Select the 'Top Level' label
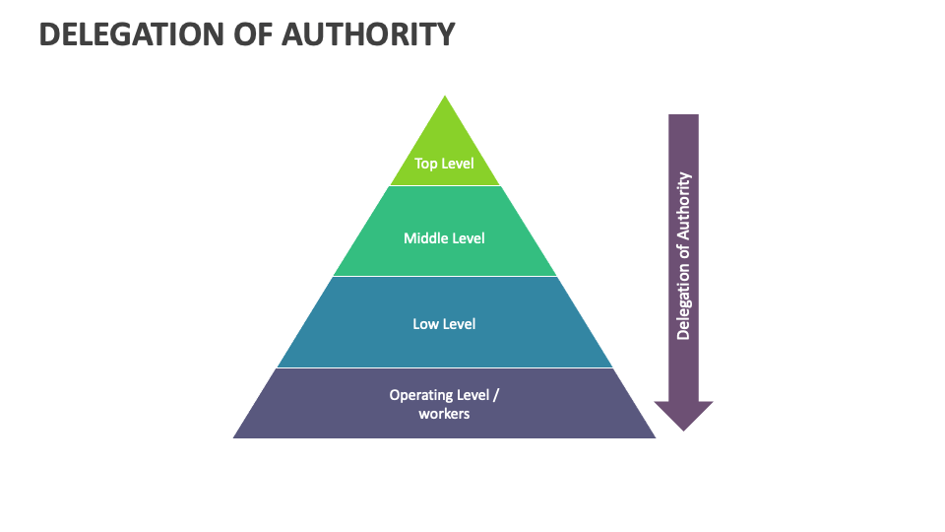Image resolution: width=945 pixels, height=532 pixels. point(444,164)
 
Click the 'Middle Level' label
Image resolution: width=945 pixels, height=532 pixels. point(444,238)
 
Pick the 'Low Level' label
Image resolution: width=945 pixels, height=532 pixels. point(444,323)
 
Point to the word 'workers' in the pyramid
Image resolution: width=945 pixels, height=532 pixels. point(444,414)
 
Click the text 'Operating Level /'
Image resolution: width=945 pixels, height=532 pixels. point(444,395)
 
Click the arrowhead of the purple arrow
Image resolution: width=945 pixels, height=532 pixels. point(683,415)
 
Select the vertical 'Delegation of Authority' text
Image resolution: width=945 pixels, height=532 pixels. point(684,256)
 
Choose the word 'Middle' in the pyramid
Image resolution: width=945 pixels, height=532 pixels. point(425,238)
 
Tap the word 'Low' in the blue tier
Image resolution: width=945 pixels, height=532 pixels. point(426,323)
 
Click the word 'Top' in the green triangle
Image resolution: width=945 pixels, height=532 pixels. point(425,164)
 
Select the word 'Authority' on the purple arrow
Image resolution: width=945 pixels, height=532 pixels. point(684,205)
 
